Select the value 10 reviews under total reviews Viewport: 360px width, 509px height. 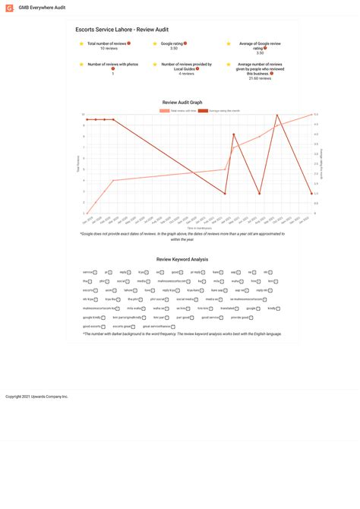(x=108, y=48)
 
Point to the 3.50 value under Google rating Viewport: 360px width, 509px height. (x=174, y=48)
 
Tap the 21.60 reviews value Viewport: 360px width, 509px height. (x=260, y=77)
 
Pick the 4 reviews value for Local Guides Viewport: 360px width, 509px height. (x=186, y=74)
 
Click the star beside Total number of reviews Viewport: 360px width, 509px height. (x=81, y=44)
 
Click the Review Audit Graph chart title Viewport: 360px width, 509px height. (x=182, y=102)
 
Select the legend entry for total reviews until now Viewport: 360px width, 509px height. (x=178, y=110)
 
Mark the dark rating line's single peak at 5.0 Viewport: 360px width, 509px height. (x=277, y=115)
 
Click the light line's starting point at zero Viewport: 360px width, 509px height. (x=87, y=213)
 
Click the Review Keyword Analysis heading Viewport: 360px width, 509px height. (x=182, y=259)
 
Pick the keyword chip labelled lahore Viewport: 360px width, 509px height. (x=130, y=290)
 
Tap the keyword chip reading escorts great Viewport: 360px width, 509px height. (x=124, y=327)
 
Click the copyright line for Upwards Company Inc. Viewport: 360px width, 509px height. (x=36, y=397)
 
